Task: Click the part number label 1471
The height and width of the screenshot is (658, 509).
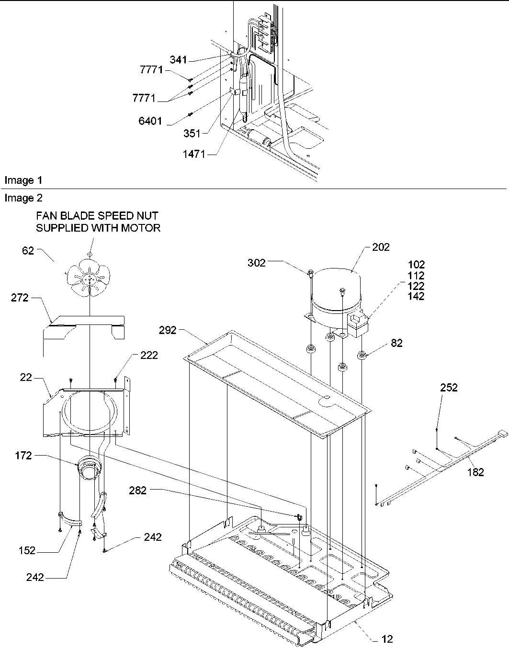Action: [x=195, y=154]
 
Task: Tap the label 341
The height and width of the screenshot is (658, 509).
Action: [x=178, y=60]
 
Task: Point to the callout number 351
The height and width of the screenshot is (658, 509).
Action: [x=192, y=134]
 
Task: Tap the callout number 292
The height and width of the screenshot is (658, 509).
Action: [x=168, y=330]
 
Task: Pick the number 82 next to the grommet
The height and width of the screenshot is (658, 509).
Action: [x=396, y=343]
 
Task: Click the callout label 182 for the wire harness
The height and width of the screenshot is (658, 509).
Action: [x=475, y=472]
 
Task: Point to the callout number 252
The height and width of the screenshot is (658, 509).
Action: [x=449, y=388]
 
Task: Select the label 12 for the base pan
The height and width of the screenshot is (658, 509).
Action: [x=387, y=638]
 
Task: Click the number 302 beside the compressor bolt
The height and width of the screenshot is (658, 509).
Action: [x=257, y=263]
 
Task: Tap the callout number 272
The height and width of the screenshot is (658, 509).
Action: [x=20, y=298]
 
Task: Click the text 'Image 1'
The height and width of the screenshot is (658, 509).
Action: [x=23, y=180]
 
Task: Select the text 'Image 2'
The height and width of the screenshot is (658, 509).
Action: [x=23, y=198]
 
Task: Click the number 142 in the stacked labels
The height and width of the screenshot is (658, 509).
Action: [x=416, y=296]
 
